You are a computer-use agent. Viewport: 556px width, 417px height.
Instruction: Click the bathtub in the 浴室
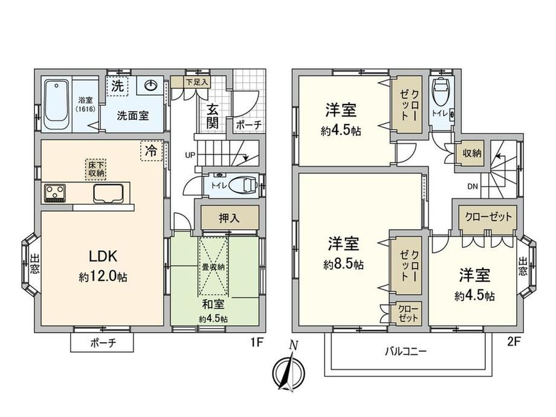tap(56, 105)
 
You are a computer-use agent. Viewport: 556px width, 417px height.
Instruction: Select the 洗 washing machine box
tap(117, 86)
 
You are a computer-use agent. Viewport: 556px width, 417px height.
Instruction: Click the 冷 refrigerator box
tap(152, 150)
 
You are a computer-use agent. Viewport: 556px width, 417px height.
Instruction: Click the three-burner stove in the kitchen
tap(55, 193)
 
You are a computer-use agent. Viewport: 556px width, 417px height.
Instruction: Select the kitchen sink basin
tap(108, 193)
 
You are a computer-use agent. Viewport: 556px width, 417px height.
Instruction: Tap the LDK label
tap(103, 256)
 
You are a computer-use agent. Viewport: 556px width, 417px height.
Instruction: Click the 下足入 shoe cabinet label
tap(196, 82)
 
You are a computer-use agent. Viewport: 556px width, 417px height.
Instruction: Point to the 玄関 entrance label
tap(212, 115)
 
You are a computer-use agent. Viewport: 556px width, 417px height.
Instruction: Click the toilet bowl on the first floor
tap(243, 184)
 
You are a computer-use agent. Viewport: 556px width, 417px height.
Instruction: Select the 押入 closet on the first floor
tap(230, 218)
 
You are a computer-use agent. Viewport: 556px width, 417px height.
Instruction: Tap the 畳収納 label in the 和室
tap(213, 267)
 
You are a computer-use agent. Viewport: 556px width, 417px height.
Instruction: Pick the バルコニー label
tap(406, 351)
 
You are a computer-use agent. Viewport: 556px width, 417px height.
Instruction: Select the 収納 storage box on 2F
tap(471, 153)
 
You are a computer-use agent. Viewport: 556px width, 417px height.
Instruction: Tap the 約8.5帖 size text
tap(343, 265)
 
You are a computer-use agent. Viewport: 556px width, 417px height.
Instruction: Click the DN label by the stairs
tap(473, 187)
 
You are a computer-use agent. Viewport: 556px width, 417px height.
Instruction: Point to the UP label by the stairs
tap(190, 155)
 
